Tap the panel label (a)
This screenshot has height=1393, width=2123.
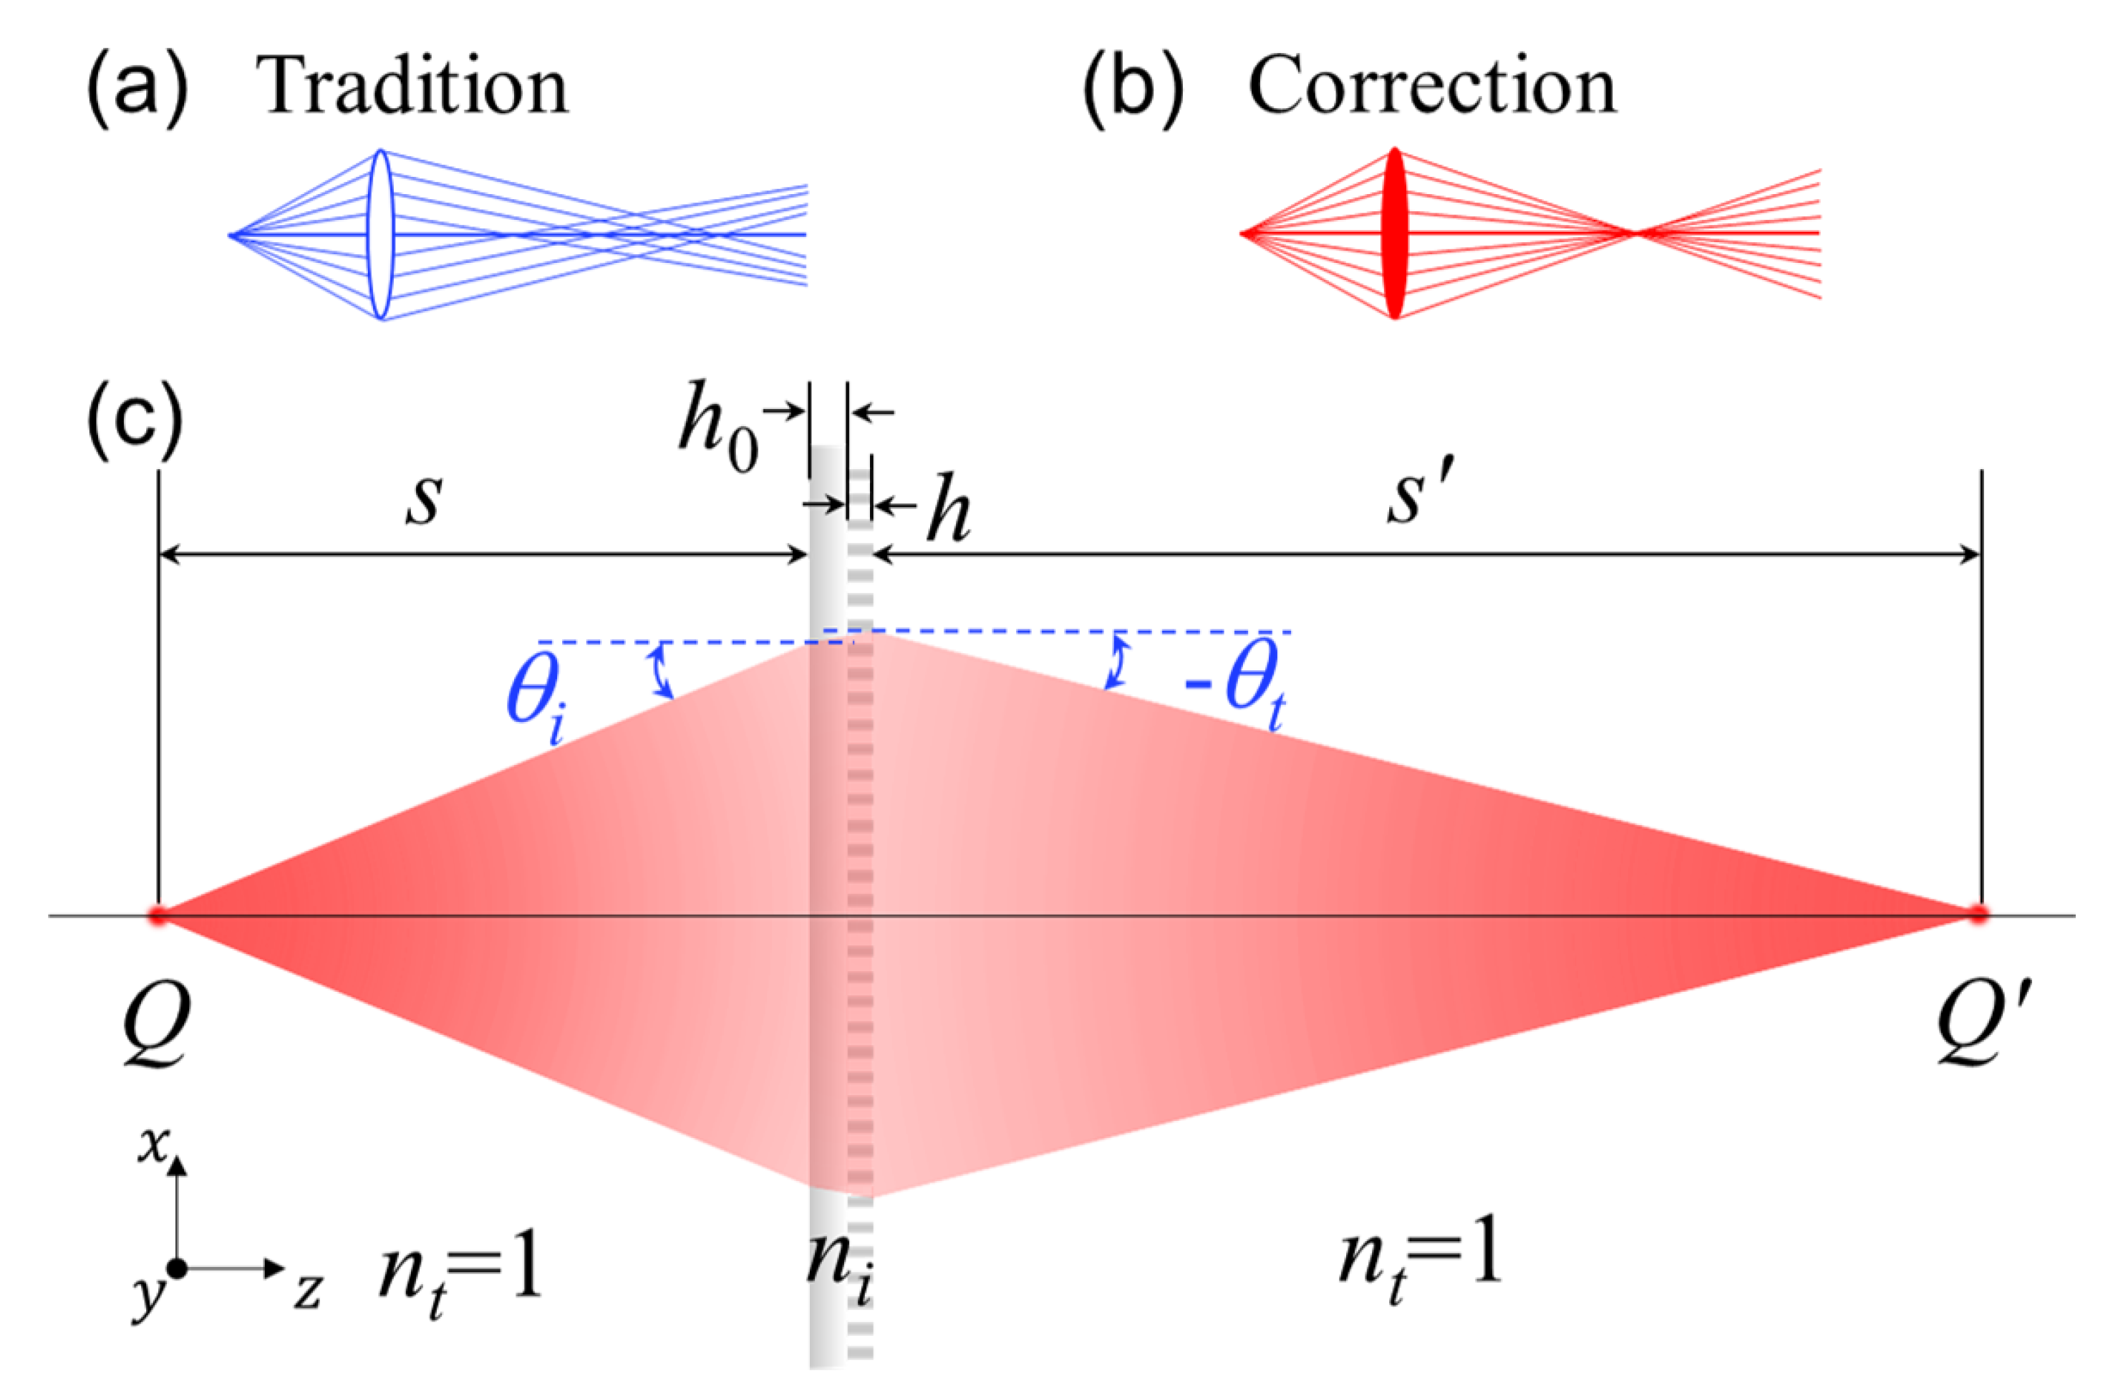pos(137,88)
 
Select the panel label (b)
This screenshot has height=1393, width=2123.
pos(1133,88)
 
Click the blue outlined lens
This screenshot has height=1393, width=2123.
pos(381,233)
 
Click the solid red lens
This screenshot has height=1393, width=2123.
pos(1395,233)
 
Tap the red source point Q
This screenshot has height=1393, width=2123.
pos(159,915)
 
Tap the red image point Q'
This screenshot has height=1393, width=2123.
pos(1978,914)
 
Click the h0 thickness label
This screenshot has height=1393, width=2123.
pos(718,428)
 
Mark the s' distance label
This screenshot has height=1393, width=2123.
pos(1420,496)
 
